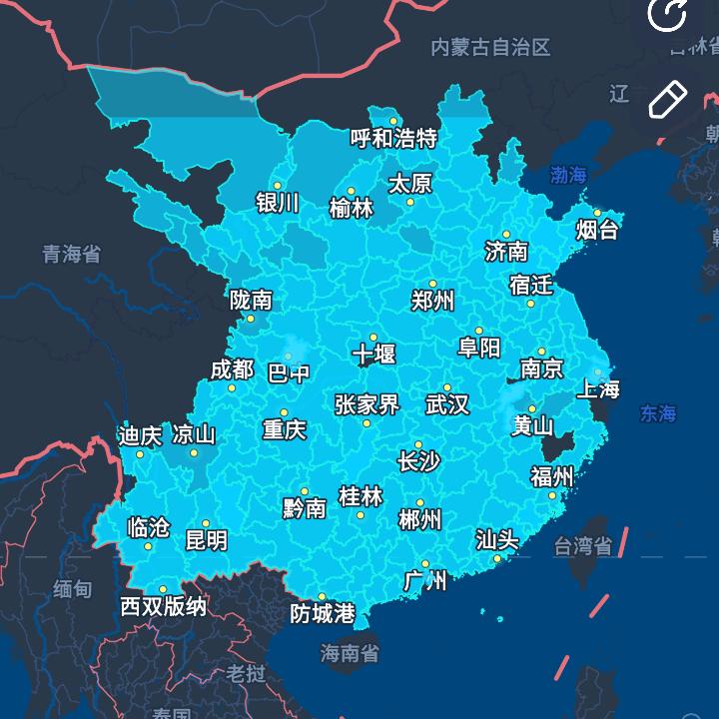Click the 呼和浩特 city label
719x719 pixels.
[393, 138]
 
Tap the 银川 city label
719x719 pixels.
[278, 203]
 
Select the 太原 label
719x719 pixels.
[409, 184]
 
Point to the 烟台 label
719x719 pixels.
[597, 231]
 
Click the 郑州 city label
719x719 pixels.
[433, 300]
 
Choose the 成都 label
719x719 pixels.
[232, 369]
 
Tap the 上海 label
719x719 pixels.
[599, 388]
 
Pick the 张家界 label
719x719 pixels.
[366, 404]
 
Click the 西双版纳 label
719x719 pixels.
[164, 606]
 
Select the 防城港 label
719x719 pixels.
[323, 614]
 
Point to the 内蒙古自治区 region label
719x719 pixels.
[491, 47]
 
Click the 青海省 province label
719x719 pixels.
[71, 254]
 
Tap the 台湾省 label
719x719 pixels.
[582, 546]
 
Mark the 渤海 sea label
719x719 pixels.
[569, 176]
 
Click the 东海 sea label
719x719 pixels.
[659, 413]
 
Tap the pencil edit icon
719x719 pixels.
[668, 98]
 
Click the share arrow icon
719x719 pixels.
[666, 14]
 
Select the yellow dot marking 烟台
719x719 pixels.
[597, 213]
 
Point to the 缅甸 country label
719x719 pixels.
[73, 589]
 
